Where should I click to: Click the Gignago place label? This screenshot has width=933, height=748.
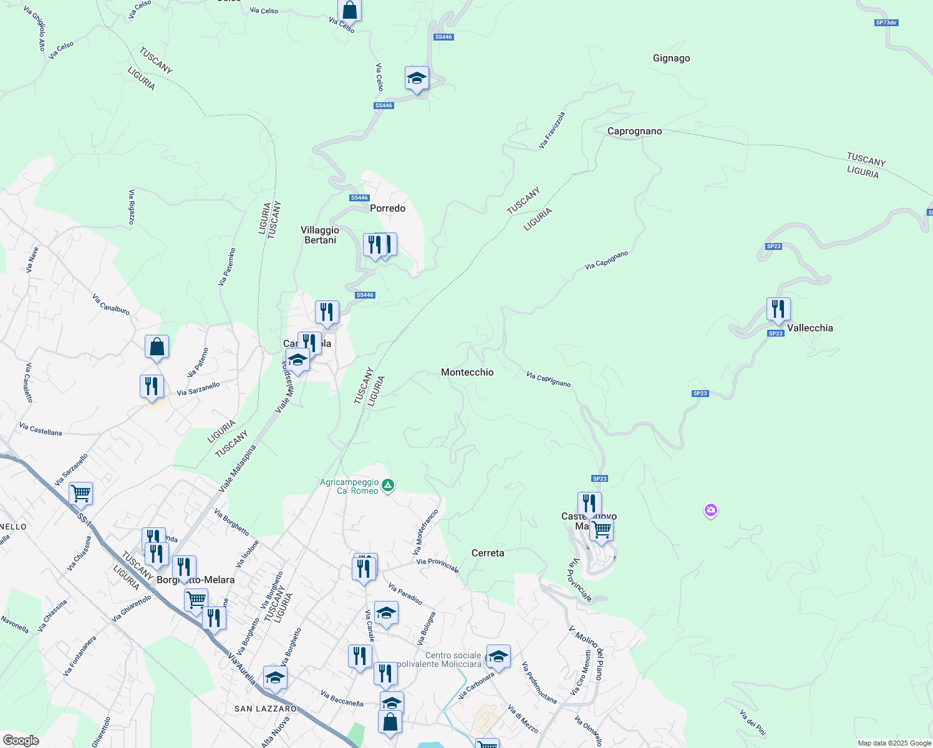pos(671,59)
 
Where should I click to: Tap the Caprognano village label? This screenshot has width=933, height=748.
pos(634,132)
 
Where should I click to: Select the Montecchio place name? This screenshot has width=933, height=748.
pos(467,373)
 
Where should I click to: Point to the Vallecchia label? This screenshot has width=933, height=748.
pos(810,328)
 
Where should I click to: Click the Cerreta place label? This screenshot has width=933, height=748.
pos(488,554)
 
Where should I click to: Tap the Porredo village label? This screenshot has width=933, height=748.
pos(387,209)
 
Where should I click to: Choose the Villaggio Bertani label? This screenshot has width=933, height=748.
pos(320,235)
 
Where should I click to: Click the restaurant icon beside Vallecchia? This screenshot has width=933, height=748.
pos(778,309)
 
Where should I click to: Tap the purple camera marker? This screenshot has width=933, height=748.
pos(710,511)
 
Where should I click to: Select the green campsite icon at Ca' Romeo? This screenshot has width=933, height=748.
pos(388,485)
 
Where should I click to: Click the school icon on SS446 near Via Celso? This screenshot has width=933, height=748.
pos(417,79)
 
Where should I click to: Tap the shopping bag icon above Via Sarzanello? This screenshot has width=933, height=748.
pos(157,347)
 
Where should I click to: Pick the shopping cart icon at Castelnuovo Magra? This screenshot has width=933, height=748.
pos(602,530)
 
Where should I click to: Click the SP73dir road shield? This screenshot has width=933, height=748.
pos(886,23)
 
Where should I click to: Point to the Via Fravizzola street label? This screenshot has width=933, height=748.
pos(552,130)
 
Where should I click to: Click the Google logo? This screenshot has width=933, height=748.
pos(21,741)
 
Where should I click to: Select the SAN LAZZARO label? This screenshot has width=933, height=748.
pos(266,709)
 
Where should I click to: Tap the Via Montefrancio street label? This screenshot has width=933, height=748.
pos(426,532)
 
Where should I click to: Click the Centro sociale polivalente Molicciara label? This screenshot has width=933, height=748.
pos(453,659)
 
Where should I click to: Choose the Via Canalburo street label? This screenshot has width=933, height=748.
pos(110,304)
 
